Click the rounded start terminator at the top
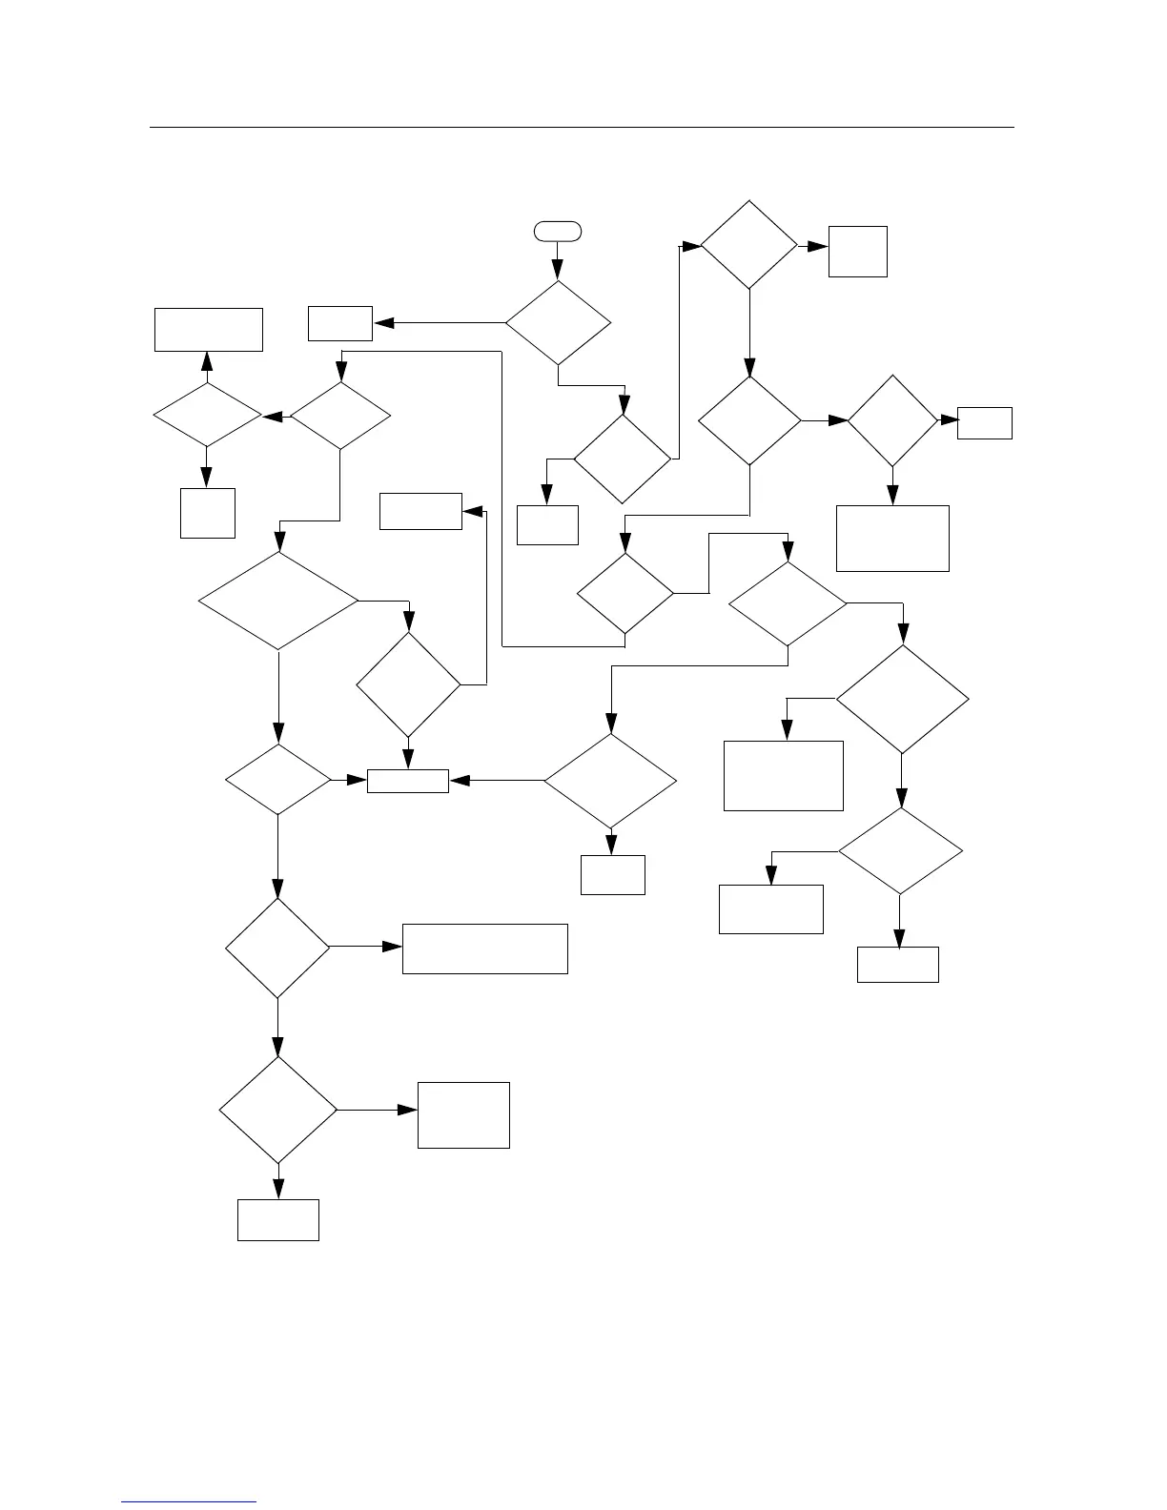557,230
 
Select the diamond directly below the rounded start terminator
558,322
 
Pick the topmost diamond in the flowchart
749,245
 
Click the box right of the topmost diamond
857,252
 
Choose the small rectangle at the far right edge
984,422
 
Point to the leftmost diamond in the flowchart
207,416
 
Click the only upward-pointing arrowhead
207,361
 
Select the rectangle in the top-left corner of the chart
209,329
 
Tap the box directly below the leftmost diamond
208,513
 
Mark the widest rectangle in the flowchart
484,949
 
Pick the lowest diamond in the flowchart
278,1110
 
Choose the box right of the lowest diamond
463,1114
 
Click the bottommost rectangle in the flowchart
277,1220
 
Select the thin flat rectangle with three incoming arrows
408,781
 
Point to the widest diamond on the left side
278,601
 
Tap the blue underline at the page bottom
190,1502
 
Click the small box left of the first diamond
340,323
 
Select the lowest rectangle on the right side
898,964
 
